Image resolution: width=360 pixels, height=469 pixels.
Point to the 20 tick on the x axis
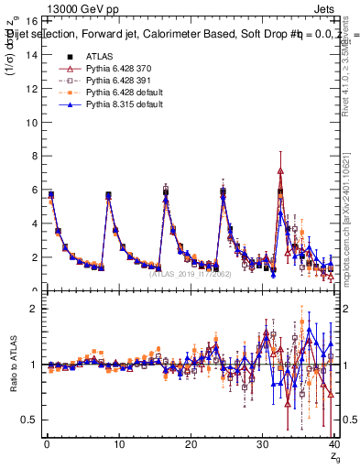click(191, 443)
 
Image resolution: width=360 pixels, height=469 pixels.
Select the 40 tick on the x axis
click(334, 443)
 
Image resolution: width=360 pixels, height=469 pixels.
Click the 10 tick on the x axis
click(118, 443)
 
